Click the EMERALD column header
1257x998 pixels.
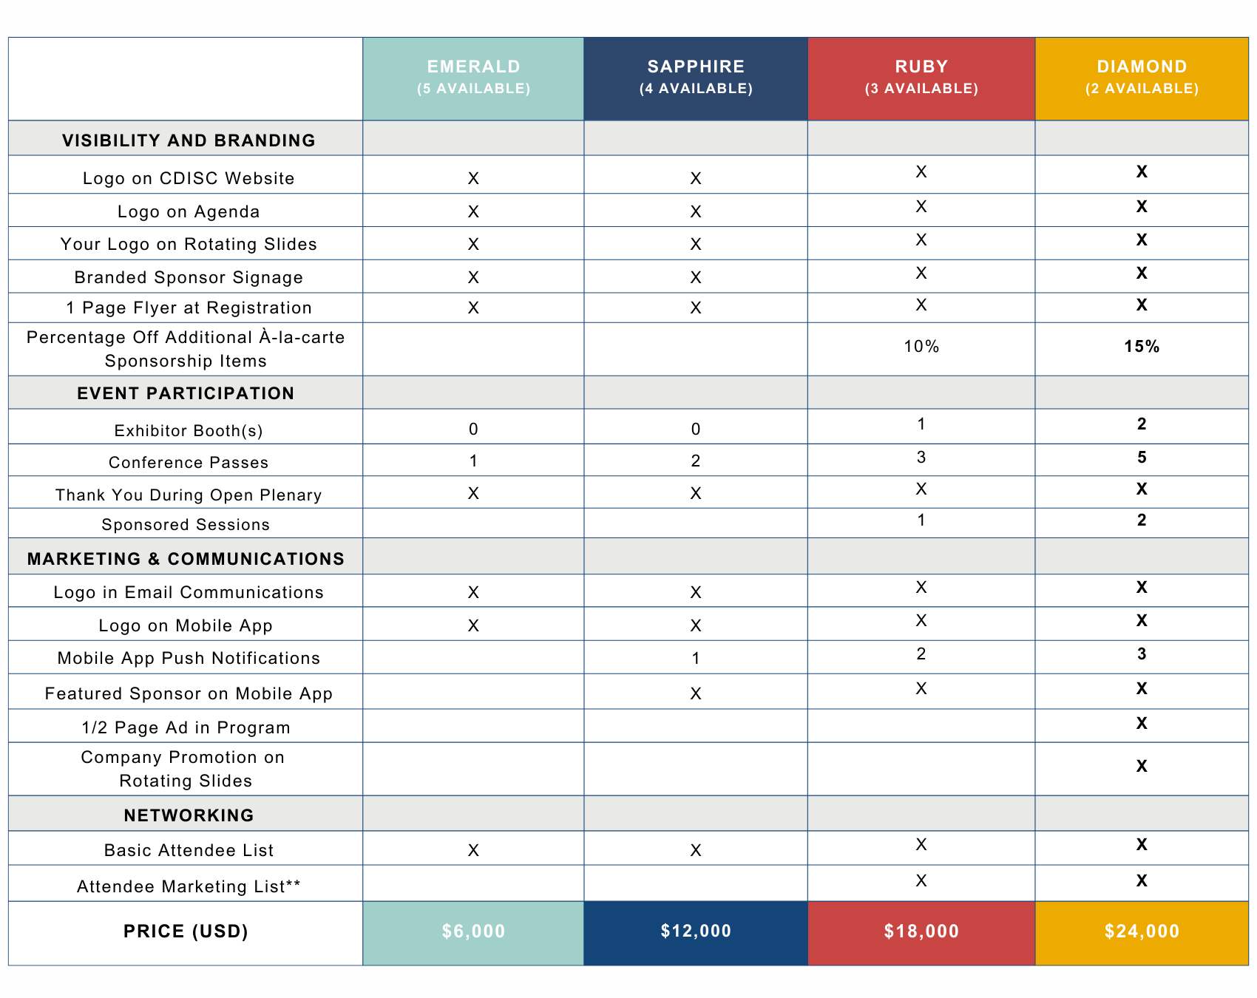[x=473, y=78]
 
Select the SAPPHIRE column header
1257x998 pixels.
[x=696, y=78]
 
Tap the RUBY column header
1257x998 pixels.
[x=921, y=78]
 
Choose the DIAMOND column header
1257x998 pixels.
[x=1142, y=78]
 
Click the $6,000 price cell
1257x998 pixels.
[x=473, y=932]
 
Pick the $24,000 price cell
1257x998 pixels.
[x=1142, y=932]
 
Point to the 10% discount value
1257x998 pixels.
[x=921, y=347]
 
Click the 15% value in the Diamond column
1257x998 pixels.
[x=1142, y=347]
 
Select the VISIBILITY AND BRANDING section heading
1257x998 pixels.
[x=189, y=140]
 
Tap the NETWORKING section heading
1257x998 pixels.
[x=189, y=815]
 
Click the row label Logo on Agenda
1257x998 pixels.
[x=189, y=212]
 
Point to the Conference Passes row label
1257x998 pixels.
[x=189, y=463]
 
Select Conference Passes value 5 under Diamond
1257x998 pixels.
[x=1142, y=458]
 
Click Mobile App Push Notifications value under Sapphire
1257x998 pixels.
[x=696, y=659]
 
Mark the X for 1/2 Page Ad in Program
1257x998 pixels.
[x=1142, y=723]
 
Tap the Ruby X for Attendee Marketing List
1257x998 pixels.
[x=921, y=880]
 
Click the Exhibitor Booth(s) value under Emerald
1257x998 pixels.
[x=473, y=430]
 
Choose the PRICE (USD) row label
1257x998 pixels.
[x=186, y=931]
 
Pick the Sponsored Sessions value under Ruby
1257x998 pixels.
[x=921, y=520]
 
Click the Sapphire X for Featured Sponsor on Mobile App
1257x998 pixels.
[x=696, y=693]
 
